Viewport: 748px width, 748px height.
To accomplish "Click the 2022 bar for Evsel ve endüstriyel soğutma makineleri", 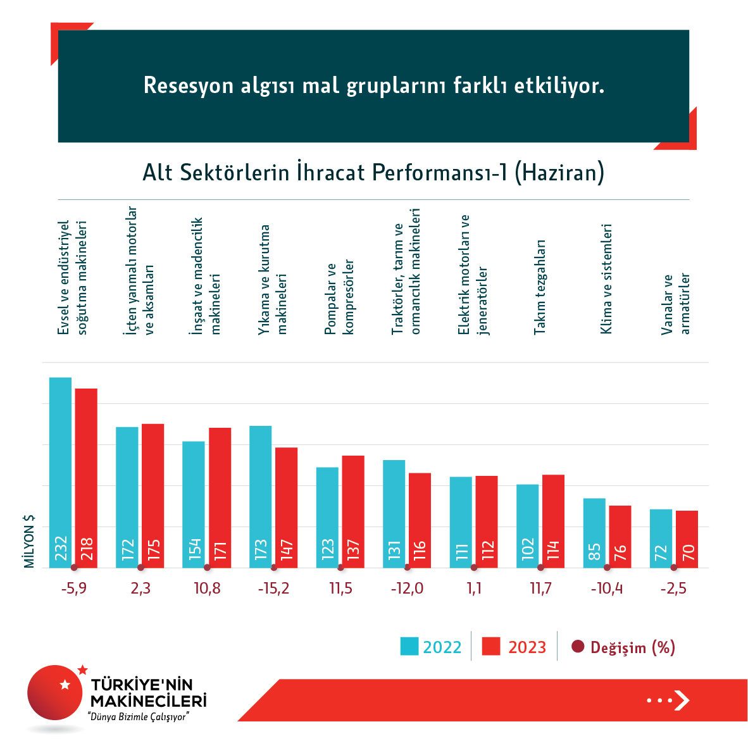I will coord(60,472).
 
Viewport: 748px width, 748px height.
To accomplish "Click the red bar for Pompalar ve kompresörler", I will coord(353,511).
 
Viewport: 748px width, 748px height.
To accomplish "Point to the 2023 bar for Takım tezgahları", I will coord(553,521).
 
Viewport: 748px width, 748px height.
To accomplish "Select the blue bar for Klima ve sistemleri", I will coord(594,533).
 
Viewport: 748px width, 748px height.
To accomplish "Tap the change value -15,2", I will coord(273,589).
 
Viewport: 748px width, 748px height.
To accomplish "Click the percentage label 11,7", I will coord(540,589).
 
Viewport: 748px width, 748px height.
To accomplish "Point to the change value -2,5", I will coord(673,589).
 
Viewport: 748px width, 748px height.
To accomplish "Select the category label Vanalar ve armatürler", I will coord(675,304).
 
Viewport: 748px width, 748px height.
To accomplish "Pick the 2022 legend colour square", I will coord(409,647).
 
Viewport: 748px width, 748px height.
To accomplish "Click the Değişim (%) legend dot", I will coord(577,647).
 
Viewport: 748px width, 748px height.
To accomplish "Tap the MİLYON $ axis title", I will coord(29,541).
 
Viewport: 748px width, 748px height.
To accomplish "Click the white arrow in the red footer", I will coord(681,700).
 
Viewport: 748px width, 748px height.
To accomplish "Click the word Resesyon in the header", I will coord(189,85).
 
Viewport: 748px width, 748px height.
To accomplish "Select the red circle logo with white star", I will coord(55,692).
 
